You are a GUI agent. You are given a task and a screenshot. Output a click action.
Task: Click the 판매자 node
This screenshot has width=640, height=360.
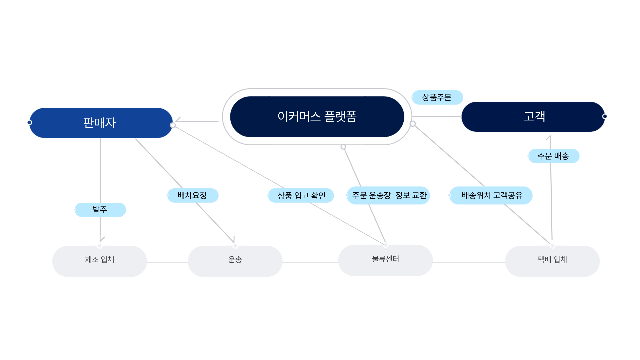click(100, 123)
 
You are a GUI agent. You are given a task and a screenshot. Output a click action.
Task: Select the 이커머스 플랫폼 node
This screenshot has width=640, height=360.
click(317, 117)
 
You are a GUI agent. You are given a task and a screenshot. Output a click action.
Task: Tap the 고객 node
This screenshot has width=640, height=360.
click(533, 117)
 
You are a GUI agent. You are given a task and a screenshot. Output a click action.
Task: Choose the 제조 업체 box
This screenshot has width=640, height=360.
click(99, 261)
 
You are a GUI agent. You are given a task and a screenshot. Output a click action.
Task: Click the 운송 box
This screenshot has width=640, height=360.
click(235, 261)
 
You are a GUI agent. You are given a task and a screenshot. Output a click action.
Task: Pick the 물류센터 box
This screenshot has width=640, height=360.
click(385, 260)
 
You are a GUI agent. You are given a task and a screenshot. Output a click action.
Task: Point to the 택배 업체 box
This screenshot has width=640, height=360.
click(552, 261)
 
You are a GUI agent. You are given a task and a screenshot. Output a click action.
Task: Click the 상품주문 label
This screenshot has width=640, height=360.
click(437, 97)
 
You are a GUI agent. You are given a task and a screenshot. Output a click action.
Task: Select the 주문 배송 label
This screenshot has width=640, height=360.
click(553, 156)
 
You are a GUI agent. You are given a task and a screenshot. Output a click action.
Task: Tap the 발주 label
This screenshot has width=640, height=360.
click(100, 210)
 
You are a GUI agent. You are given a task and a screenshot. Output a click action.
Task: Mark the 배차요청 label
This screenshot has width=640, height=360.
click(192, 195)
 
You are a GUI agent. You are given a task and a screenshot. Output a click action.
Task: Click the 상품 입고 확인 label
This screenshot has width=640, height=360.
click(301, 195)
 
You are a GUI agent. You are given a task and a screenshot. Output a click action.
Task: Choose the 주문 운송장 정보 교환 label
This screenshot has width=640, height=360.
click(388, 195)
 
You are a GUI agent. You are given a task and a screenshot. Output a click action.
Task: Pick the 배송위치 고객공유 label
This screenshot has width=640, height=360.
click(491, 195)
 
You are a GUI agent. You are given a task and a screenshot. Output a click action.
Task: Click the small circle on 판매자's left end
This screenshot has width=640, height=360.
click(29, 123)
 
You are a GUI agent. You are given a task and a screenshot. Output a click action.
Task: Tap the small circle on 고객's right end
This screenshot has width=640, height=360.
click(605, 116)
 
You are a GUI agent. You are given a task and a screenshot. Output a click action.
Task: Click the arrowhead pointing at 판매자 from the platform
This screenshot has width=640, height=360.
click(178, 120)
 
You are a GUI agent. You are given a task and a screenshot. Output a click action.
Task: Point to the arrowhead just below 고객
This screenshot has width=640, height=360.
click(549, 137)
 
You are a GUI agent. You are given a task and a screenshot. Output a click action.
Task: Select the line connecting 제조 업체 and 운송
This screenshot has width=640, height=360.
click(167, 262)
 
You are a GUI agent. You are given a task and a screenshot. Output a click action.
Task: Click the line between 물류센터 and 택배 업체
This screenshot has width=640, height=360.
click(469, 262)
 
